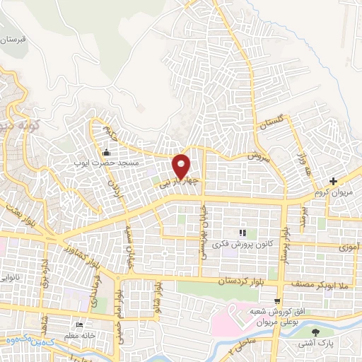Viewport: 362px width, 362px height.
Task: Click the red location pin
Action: [x=181, y=166]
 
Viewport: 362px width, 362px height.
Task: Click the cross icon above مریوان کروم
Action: [x=334, y=182]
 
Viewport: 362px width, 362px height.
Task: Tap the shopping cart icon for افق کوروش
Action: [x=278, y=300]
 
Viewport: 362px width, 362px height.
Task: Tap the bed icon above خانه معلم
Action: [x=78, y=326]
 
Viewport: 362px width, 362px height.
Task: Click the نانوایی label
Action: [x=12, y=279]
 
